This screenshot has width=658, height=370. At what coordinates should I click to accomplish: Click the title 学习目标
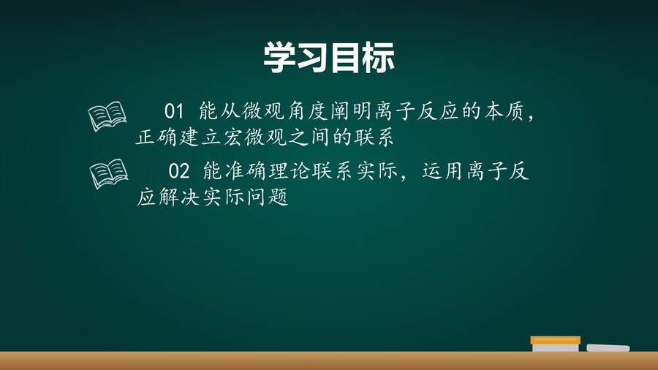click(x=329, y=58)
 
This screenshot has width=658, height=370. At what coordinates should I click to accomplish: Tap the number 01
click(x=174, y=111)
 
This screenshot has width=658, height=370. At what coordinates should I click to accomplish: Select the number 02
click(x=179, y=171)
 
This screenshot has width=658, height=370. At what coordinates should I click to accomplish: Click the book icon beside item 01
click(x=107, y=116)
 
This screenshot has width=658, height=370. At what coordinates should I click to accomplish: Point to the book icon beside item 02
click(x=109, y=173)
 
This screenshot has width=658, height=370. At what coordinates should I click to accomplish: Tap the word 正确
click(x=156, y=137)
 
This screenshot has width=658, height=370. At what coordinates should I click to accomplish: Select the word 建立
click(x=200, y=137)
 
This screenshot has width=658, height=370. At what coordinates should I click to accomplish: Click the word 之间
click(x=309, y=137)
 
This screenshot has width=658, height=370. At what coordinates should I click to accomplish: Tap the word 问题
click(x=268, y=197)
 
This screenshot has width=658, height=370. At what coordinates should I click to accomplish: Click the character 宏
click(x=232, y=137)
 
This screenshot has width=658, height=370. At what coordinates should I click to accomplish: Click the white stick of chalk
click(x=608, y=348)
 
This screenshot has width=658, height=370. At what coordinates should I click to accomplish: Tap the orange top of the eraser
click(x=555, y=340)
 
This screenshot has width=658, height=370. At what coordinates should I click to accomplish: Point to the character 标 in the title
click(x=379, y=58)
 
